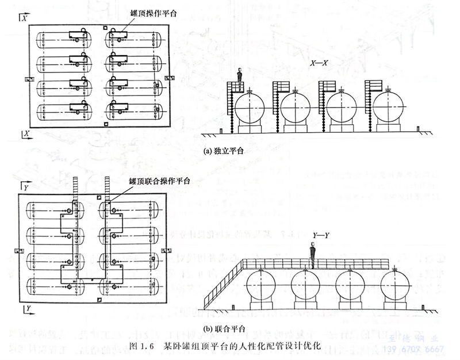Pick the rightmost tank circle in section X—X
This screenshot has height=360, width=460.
(x=388, y=108)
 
